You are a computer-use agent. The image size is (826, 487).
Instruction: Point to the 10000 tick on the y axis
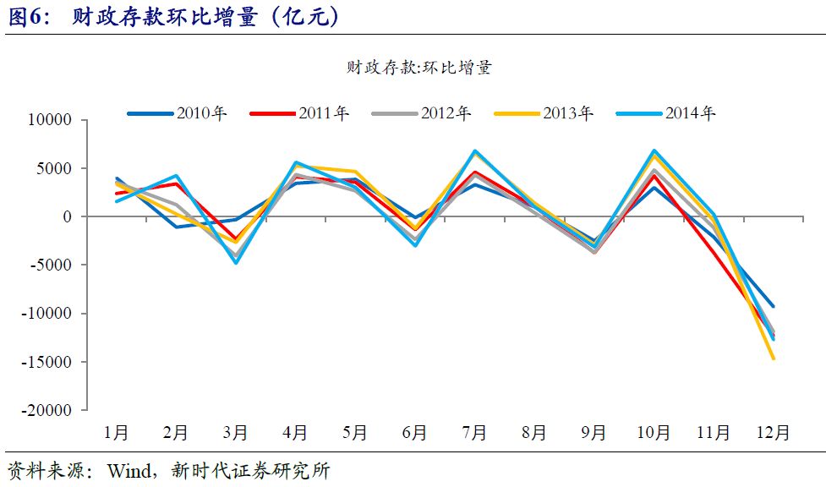click(x=51, y=120)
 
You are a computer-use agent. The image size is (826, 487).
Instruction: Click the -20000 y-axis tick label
click(x=47, y=410)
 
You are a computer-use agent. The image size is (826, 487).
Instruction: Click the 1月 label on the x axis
click(x=116, y=432)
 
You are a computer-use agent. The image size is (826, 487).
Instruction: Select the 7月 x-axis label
click(x=474, y=432)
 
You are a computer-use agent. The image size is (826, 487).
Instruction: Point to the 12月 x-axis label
click(x=773, y=432)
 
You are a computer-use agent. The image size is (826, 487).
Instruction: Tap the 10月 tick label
click(x=654, y=432)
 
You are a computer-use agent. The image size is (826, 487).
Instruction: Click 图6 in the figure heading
click(x=28, y=18)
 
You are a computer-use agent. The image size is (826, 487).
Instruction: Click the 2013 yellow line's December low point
click(x=773, y=358)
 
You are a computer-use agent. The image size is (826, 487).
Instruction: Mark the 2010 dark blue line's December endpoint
click(x=773, y=306)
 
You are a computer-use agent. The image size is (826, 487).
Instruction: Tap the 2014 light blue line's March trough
click(x=236, y=262)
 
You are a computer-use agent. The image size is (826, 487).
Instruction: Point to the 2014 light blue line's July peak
click(x=475, y=151)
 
